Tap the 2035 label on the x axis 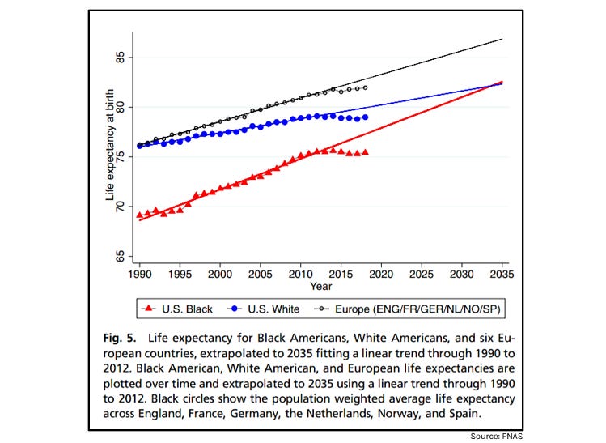pyautogui.click(x=502, y=275)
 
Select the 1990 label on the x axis pyautogui.click(x=139, y=275)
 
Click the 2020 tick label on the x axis pyautogui.click(x=381, y=275)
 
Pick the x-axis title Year pyautogui.click(x=320, y=286)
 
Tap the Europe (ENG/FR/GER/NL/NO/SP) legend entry pyautogui.click(x=408, y=309)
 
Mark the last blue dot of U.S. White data pyautogui.click(x=366, y=117)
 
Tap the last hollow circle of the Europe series pyautogui.click(x=366, y=87)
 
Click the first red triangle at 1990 pyautogui.click(x=139, y=215)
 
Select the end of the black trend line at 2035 pyautogui.click(x=502, y=39)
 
